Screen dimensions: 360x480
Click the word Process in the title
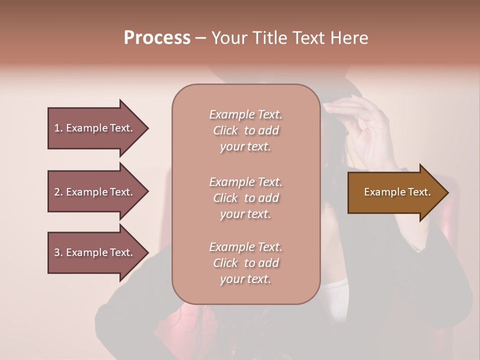click(x=157, y=38)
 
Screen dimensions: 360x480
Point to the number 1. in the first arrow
click(x=58, y=128)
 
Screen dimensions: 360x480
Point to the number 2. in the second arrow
click(x=58, y=192)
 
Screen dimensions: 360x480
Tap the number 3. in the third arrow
click(x=58, y=252)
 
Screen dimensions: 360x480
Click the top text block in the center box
click(x=245, y=130)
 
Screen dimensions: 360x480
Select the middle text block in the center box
click(x=245, y=198)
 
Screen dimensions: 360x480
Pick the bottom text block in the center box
click(x=245, y=263)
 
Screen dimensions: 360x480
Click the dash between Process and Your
click(x=201, y=38)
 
